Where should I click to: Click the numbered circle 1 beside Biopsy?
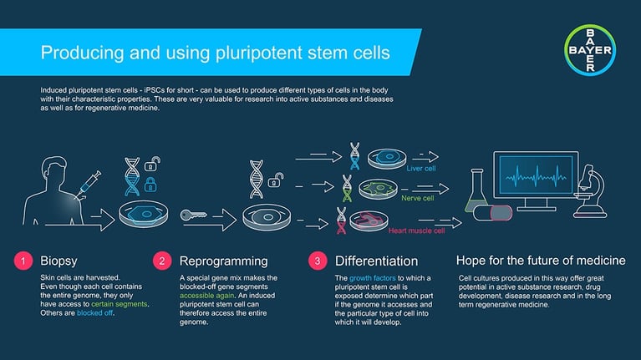point(21,261)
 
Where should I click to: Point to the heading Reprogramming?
point(223,261)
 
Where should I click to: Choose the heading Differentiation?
point(376,261)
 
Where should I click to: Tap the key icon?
point(198,215)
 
